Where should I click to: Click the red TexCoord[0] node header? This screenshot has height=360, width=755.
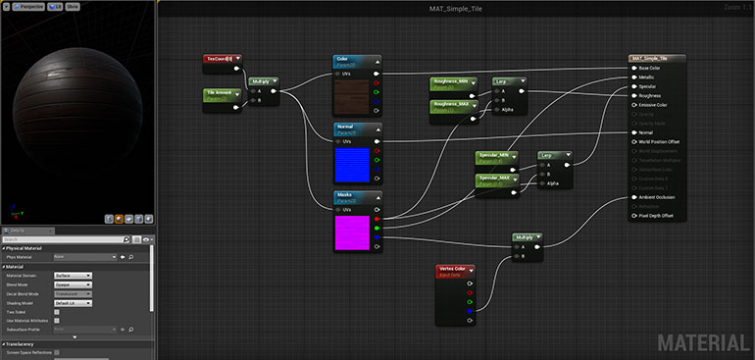(223, 59)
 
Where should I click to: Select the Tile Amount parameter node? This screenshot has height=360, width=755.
(222, 95)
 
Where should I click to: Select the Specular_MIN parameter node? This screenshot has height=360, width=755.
(494, 157)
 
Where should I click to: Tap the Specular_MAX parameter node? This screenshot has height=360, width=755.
(494, 180)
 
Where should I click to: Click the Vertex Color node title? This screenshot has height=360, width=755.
(455, 270)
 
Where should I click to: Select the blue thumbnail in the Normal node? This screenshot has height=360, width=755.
(352, 165)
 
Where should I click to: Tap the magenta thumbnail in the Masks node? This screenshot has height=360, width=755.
(352, 233)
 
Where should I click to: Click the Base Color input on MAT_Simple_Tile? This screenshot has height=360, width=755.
(654, 68)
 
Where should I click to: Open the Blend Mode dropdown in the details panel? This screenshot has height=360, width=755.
(74, 284)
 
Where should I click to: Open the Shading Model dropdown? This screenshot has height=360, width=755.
(74, 302)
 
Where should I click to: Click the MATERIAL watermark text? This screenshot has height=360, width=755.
(701, 342)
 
